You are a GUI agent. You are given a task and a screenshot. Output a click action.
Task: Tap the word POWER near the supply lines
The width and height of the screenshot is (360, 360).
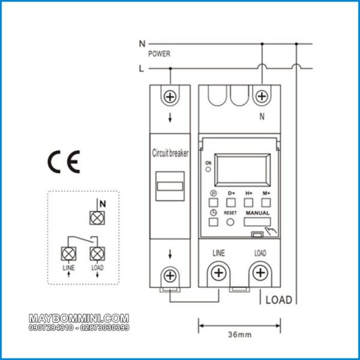159,54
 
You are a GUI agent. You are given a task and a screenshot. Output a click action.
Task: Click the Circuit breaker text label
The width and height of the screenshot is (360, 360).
170,153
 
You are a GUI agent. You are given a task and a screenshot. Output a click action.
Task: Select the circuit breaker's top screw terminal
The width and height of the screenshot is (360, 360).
170,96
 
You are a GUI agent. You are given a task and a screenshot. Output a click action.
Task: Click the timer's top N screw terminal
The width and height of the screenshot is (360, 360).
261,96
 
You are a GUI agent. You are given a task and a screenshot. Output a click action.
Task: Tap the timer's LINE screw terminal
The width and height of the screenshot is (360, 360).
218,274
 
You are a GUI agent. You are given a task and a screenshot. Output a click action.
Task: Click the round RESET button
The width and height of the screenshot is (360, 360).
230,222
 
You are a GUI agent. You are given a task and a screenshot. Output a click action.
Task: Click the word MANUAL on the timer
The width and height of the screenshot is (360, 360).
257,212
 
